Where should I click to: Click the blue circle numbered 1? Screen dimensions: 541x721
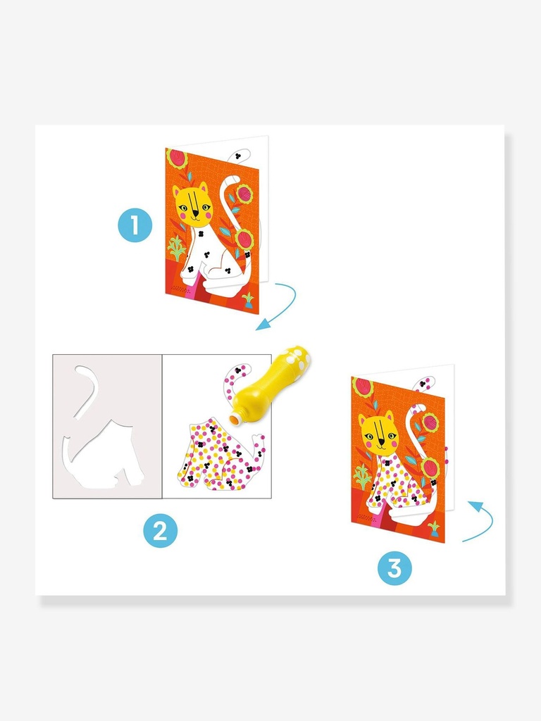[x=135, y=225]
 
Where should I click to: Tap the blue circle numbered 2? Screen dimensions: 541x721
[x=160, y=531]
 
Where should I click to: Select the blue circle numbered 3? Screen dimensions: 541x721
[x=394, y=568]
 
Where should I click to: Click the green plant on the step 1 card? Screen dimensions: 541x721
[x=176, y=249]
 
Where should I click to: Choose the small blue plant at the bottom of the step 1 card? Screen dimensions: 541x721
[x=249, y=300]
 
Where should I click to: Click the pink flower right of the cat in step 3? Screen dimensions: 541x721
[x=430, y=422]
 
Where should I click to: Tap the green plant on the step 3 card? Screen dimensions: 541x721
[x=363, y=478]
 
